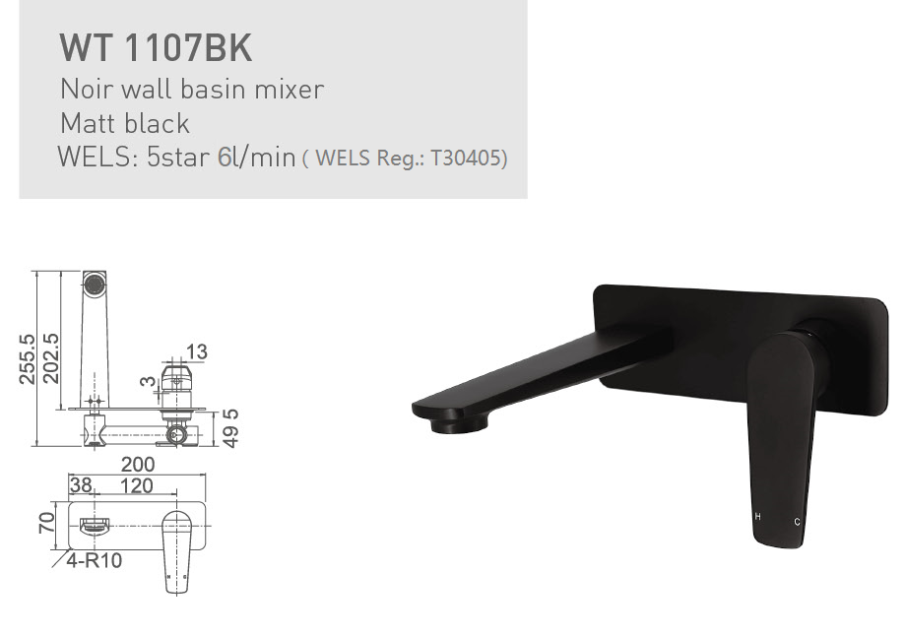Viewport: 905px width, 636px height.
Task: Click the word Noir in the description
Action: click(x=84, y=90)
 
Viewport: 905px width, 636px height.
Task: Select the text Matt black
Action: click(x=124, y=124)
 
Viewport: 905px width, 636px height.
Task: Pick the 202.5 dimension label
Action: click(x=50, y=358)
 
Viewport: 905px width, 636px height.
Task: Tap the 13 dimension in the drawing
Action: click(x=196, y=352)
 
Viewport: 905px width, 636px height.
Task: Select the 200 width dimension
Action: click(x=137, y=465)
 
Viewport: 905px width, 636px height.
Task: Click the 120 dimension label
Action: click(x=136, y=485)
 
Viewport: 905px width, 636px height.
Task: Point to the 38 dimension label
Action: click(x=81, y=485)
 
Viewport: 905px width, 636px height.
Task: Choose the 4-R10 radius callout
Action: click(x=95, y=561)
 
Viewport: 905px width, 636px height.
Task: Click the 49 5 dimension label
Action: click(x=231, y=427)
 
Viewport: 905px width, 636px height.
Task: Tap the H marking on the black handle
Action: click(x=757, y=516)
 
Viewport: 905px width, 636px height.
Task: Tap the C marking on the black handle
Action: click(x=797, y=520)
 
